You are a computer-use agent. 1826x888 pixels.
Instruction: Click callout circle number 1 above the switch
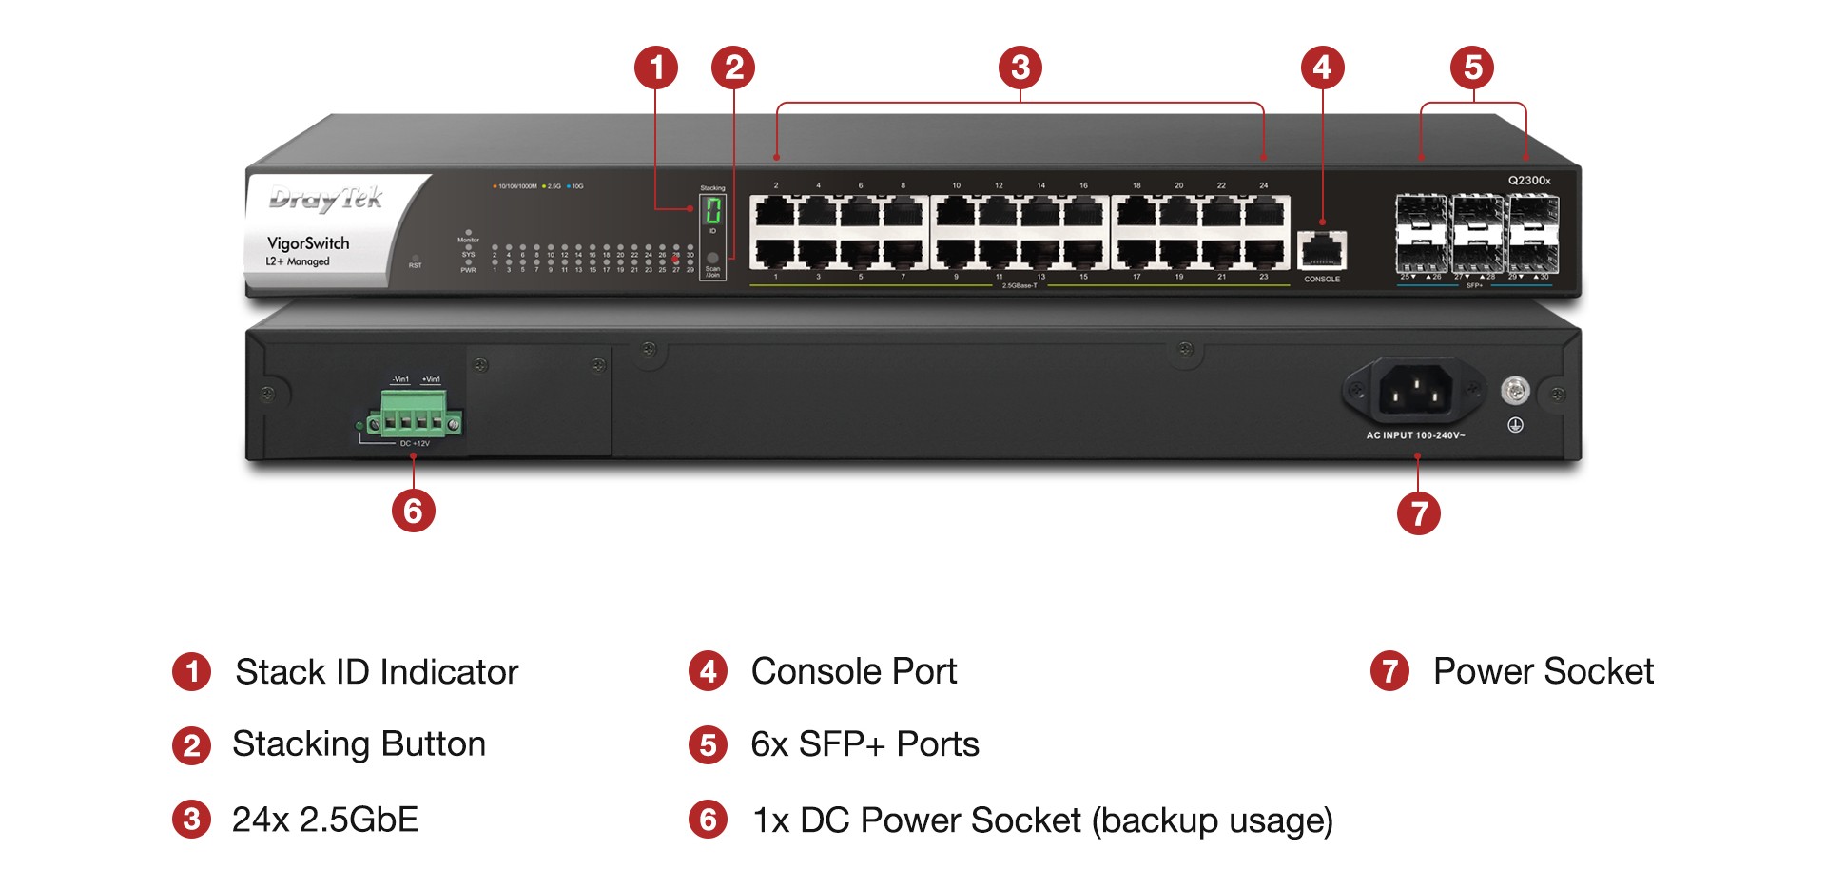656,68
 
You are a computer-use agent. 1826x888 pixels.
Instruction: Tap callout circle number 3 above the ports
1020,68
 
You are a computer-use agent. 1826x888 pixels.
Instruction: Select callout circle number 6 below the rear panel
414,511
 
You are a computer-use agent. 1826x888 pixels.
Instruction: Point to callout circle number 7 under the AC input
1419,513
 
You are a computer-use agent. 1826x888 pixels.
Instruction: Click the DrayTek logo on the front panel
326,198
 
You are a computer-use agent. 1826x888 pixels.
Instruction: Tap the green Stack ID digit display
712,210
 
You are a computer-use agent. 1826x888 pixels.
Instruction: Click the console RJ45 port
1322,251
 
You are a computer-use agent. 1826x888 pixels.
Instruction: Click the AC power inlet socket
1415,391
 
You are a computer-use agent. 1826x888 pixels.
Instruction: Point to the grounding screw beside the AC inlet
1515,390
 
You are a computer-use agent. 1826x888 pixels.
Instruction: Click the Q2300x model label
1529,181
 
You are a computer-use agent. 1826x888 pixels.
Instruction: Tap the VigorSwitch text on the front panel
308,243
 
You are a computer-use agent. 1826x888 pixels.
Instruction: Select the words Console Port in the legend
853,671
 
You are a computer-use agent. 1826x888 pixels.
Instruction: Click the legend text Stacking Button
359,743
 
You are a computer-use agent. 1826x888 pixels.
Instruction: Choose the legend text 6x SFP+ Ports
864,744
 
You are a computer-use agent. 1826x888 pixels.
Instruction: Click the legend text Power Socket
1543,671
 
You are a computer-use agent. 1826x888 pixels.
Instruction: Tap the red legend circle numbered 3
192,819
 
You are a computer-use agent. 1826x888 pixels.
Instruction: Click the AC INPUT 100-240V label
1415,435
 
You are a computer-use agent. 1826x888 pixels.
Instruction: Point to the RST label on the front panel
416,265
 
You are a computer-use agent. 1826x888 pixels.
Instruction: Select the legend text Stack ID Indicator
377,672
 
